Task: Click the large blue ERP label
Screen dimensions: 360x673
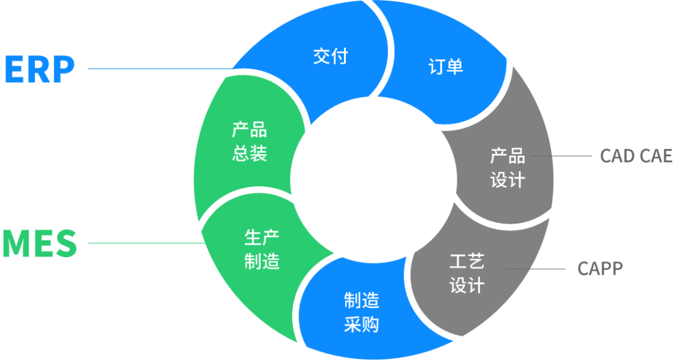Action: (x=39, y=69)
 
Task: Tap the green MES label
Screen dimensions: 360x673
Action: (x=39, y=244)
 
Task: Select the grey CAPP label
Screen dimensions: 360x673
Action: (x=599, y=269)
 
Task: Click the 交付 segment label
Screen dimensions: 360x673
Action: (x=330, y=56)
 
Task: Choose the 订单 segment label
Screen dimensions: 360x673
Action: (x=446, y=67)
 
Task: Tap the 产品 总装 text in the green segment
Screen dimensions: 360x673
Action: (x=249, y=142)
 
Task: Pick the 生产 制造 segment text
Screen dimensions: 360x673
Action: (x=262, y=249)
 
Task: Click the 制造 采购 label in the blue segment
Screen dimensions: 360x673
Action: (x=361, y=313)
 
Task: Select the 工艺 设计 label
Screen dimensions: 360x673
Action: (x=467, y=273)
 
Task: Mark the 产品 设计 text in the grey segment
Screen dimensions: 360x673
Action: (x=507, y=168)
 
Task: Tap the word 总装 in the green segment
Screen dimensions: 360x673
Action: (x=249, y=154)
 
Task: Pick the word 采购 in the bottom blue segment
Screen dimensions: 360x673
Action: (x=361, y=324)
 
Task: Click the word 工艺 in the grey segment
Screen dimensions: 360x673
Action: (x=467, y=261)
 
